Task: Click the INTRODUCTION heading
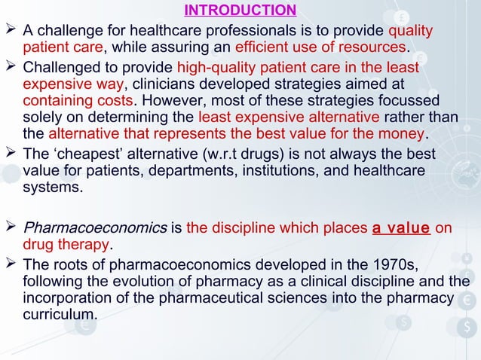click(x=240, y=11)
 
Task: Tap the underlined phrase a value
click(x=401, y=227)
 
